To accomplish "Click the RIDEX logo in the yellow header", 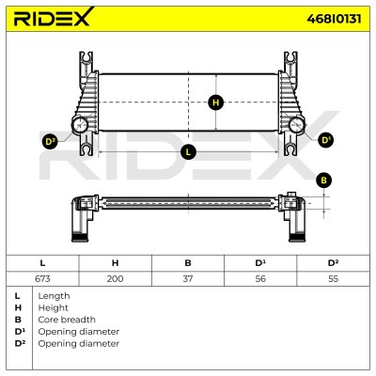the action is click(x=54, y=17).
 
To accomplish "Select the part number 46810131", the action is click(x=334, y=19).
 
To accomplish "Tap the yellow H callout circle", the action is click(x=215, y=102).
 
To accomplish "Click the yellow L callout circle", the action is click(x=188, y=152).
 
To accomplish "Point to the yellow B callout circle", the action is click(x=323, y=180).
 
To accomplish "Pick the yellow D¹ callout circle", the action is click(x=326, y=140).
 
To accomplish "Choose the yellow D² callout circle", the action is click(x=50, y=142).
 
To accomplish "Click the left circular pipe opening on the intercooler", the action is click(x=80, y=125).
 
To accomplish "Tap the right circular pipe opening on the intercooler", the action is click(x=296, y=125).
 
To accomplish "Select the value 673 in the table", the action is click(x=42, y=278).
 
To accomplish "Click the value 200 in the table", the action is click(x=115, y=278).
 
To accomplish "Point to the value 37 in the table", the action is click(x=188, y=278).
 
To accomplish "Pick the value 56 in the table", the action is click(x=260, y=278).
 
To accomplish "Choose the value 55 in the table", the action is click(x=333, y=278).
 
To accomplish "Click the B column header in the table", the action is click(x=188, y=263).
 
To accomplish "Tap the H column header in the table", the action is click(x=115, y=263).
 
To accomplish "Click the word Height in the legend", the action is click(x=53, y=308).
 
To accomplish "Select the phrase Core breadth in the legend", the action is click(x=67, y=320).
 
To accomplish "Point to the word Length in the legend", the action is click(x=54, y=296).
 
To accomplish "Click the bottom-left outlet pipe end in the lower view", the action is click(x=79, y=238).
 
